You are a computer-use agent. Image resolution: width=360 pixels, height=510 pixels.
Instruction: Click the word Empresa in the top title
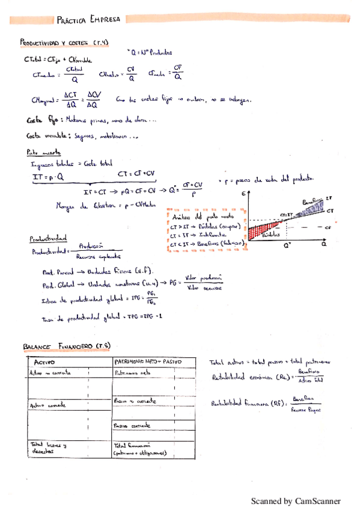(x=105, y=19)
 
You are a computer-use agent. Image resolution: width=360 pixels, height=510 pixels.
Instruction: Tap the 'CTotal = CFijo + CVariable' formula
(x=58, y=60)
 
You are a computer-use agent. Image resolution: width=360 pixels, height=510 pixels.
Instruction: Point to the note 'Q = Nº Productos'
(x=150, y=52)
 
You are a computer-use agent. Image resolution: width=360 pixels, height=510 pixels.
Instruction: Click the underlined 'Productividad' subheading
(x=49, y=239)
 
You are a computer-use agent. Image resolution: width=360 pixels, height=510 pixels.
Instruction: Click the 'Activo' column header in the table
(x=44, y=363)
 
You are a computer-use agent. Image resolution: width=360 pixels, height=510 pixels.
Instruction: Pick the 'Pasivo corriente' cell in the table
(x=133, y=426)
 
